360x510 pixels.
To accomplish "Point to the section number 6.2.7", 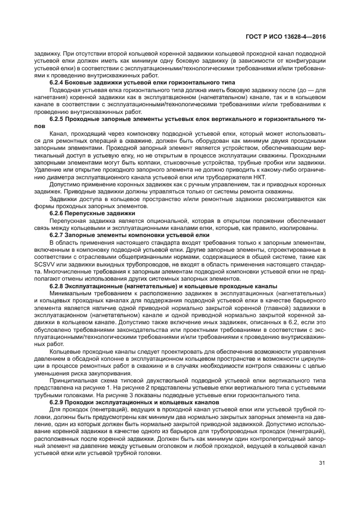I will point(58,234).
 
